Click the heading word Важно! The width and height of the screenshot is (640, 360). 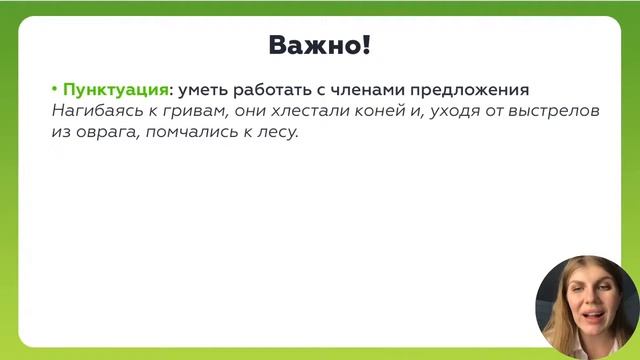point(320,45)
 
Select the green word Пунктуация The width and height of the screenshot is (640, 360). point(115,89)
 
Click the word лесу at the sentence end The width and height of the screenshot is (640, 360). point(280,132)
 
